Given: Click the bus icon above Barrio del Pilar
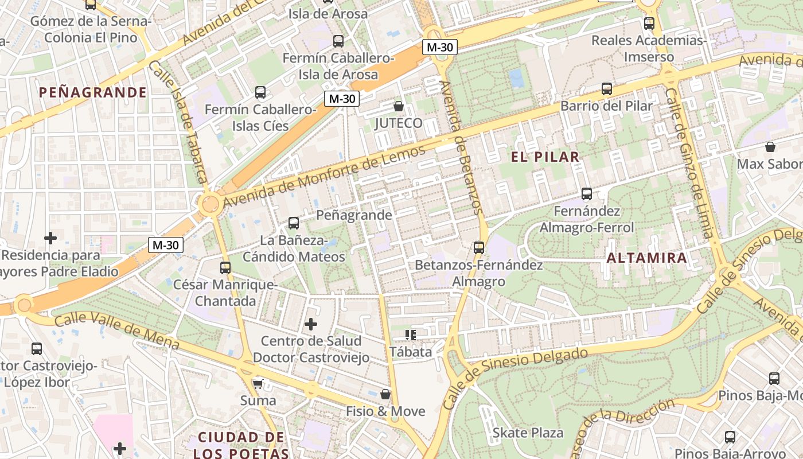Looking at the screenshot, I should [x=606, y=89].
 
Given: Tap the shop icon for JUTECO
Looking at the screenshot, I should [x=398, y=106].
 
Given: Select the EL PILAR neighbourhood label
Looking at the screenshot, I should [x=545, y=157].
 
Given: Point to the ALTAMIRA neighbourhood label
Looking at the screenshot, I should [x=647, y=258].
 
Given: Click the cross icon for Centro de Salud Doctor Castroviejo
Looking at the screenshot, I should [x=310, y=324].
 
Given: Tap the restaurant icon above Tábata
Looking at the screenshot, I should [x=410, y=334].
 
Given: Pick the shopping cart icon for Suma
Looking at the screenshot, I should [x=258, y=383].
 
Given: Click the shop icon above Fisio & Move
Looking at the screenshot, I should [x=385, y=394].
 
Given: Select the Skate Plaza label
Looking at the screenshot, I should [x=528, y=433].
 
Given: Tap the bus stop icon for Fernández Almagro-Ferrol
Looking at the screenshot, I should [x=586, y=194].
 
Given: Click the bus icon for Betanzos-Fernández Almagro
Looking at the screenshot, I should [x=478, y=248].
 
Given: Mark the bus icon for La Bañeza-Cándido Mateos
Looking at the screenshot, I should [x=293, y=223].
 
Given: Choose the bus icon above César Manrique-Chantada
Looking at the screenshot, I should [x=225, y=267].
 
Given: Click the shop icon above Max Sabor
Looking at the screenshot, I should [x=770, y=147].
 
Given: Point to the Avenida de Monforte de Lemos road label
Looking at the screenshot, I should [x=324, y=176].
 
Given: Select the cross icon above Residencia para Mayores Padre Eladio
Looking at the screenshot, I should [x=50, y=238].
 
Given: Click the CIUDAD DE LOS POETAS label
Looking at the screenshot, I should [x=241, y=445].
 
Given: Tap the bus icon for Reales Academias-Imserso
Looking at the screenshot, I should [x=649, y=24].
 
